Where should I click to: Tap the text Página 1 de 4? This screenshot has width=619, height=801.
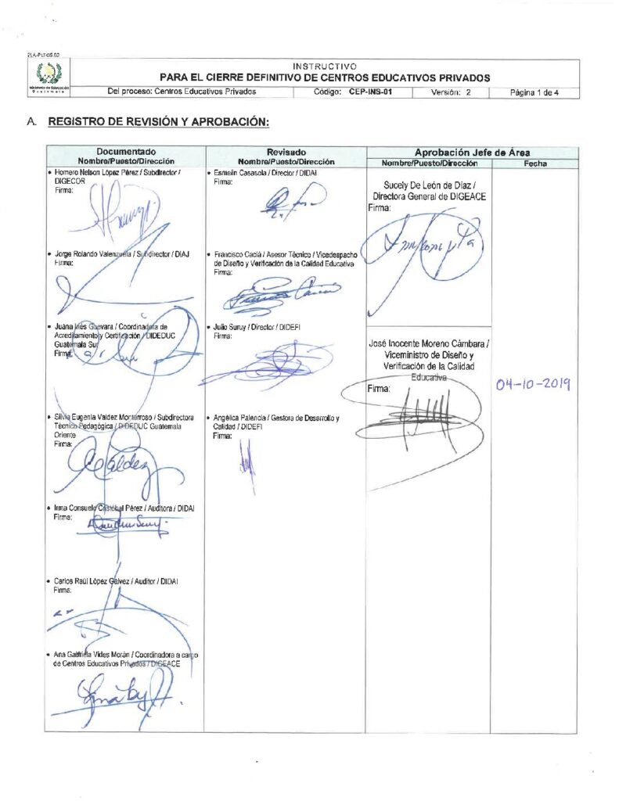(534, 92)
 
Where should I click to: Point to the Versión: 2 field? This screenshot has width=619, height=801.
(451, 92)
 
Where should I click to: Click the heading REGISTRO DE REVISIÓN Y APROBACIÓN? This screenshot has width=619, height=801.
(159, 122)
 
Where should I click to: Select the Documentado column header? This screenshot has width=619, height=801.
(126, 151)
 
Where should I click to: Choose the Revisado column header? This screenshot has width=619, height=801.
(286, 151)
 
